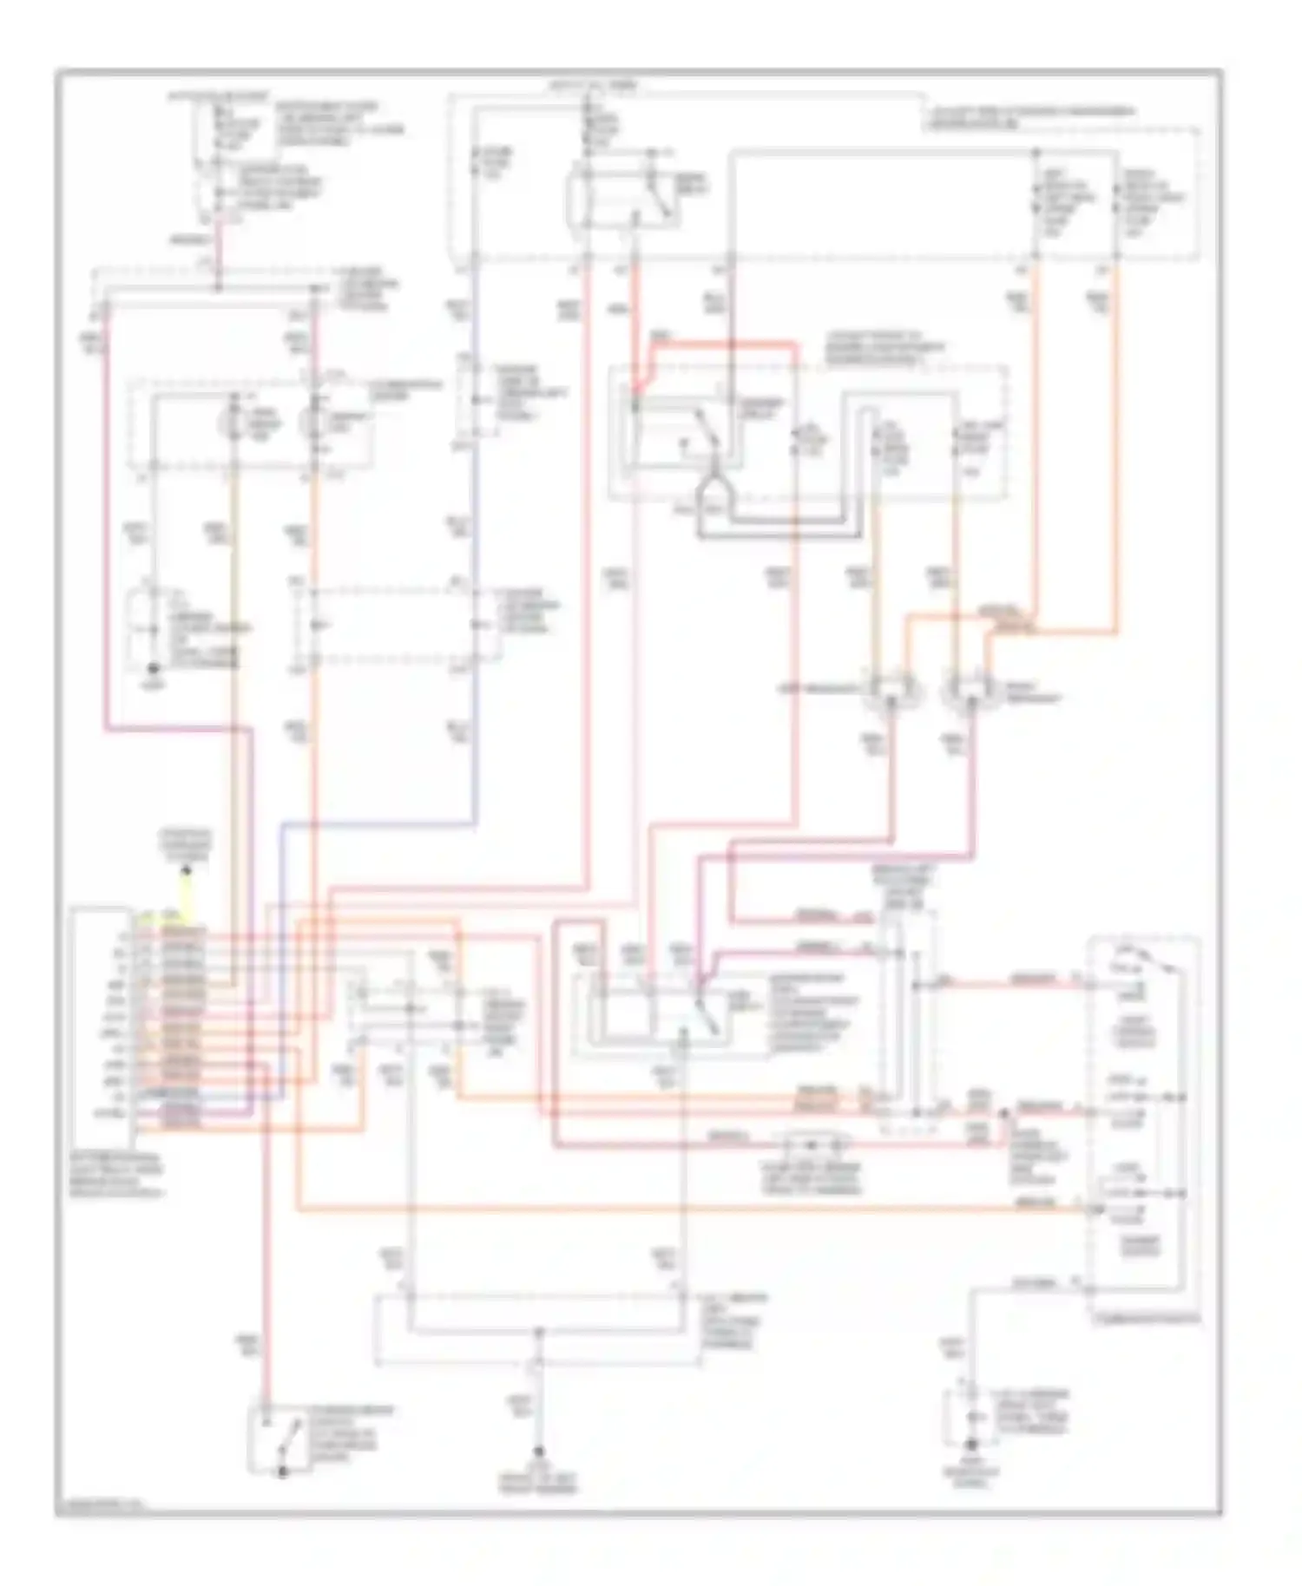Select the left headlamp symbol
pyautogui.click(x=891, y=691)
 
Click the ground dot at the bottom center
pyautogui.click(x=538, y=1451)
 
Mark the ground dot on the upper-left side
pyautogui.click(x=154, y=669)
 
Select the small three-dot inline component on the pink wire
pyautogui.click(x=812, y=1144)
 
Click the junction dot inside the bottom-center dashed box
pyautogui.click(x=538, y=1330)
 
